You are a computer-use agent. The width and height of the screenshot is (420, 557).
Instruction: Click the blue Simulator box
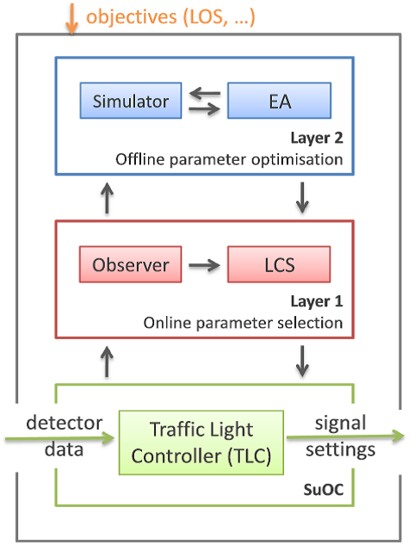131,101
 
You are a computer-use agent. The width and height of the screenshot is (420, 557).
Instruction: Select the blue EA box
280,101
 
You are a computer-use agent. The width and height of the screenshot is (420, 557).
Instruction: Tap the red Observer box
130,264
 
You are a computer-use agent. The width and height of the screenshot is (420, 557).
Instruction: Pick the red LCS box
279,264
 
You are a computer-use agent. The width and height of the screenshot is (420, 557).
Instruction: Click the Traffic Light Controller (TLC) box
201,443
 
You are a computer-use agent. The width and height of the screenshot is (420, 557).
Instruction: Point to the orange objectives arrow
71,19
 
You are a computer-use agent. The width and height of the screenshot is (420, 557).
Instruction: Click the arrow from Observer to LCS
204,265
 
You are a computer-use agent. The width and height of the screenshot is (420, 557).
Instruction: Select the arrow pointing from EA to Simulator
205,94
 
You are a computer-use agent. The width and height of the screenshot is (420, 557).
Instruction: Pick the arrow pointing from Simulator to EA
205,108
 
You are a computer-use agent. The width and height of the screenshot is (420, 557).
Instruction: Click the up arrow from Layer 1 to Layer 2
107,198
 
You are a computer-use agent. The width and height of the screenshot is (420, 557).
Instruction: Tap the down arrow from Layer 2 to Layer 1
302,197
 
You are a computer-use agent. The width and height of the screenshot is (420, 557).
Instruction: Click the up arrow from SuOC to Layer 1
107,362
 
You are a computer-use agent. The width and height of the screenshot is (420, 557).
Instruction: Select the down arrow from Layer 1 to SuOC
302,362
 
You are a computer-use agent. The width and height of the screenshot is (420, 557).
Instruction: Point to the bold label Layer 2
317,139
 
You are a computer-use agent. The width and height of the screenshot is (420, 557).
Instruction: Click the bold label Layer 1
317,301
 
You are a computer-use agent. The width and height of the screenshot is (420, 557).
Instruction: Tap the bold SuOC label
324,490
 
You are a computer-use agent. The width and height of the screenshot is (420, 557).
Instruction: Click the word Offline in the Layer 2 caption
140,159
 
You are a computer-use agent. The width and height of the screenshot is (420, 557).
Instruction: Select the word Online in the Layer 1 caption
168,323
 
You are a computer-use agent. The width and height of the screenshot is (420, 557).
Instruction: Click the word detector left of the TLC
65,423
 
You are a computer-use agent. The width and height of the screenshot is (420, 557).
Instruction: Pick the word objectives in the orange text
132,16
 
